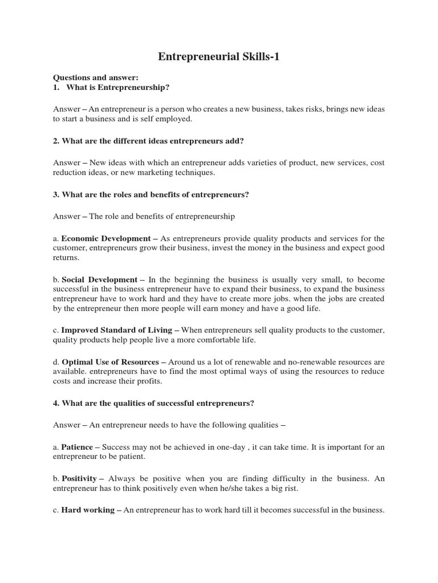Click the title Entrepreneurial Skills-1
[218, 57]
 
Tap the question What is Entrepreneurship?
[118, 87]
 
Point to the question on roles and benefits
[151, 195]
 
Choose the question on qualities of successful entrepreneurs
[153, 403]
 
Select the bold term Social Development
[99, 280]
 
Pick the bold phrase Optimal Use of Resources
[110, 362]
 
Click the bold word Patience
[77, 447]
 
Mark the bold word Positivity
[79, 478]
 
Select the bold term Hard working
[88, 510]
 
